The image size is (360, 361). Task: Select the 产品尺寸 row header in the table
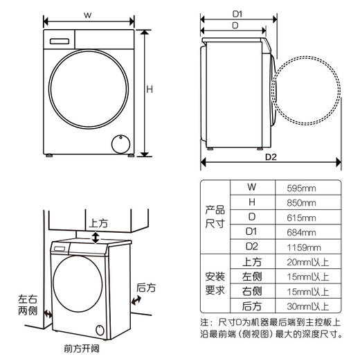click(x=215, y=217)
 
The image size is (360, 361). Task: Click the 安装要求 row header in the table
click(x=215, y=284)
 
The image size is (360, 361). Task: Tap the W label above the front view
click(x=88, y=15)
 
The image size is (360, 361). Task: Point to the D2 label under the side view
click(x=272, y=157)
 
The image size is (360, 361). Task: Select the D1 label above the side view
click(x=237, y=13)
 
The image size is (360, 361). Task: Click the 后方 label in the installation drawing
click(x=146, y=288)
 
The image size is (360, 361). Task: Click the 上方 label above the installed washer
click(x=98, y=224)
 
